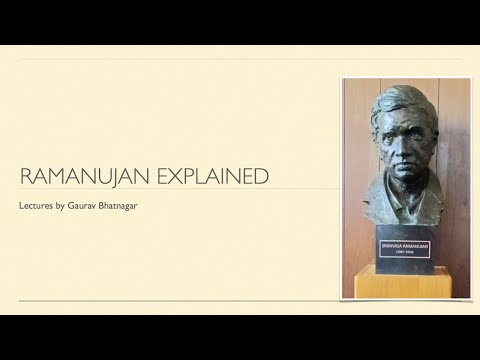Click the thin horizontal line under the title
(180, 189)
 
